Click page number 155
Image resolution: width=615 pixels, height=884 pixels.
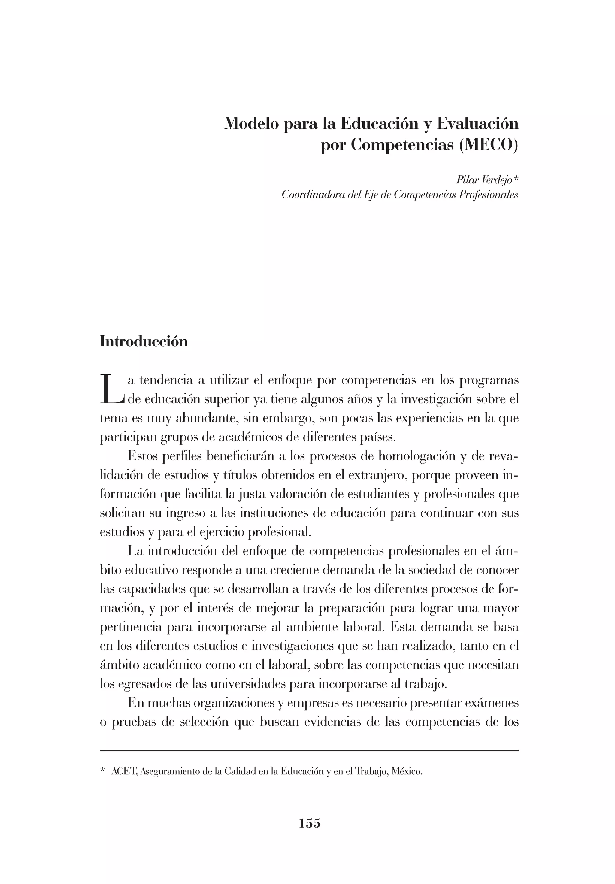[309, 823]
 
